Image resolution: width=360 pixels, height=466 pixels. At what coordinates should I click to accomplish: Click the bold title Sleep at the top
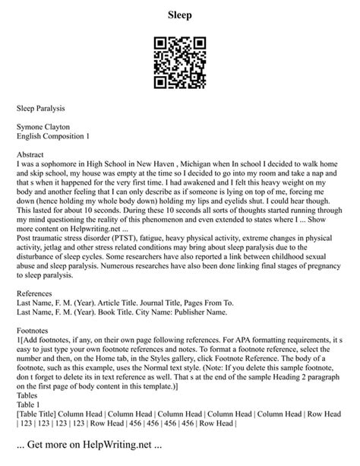pyautogui.click(x=180, y=14)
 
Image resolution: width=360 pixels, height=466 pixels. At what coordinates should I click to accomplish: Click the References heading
pyautogui.click(x=38, y=295)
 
